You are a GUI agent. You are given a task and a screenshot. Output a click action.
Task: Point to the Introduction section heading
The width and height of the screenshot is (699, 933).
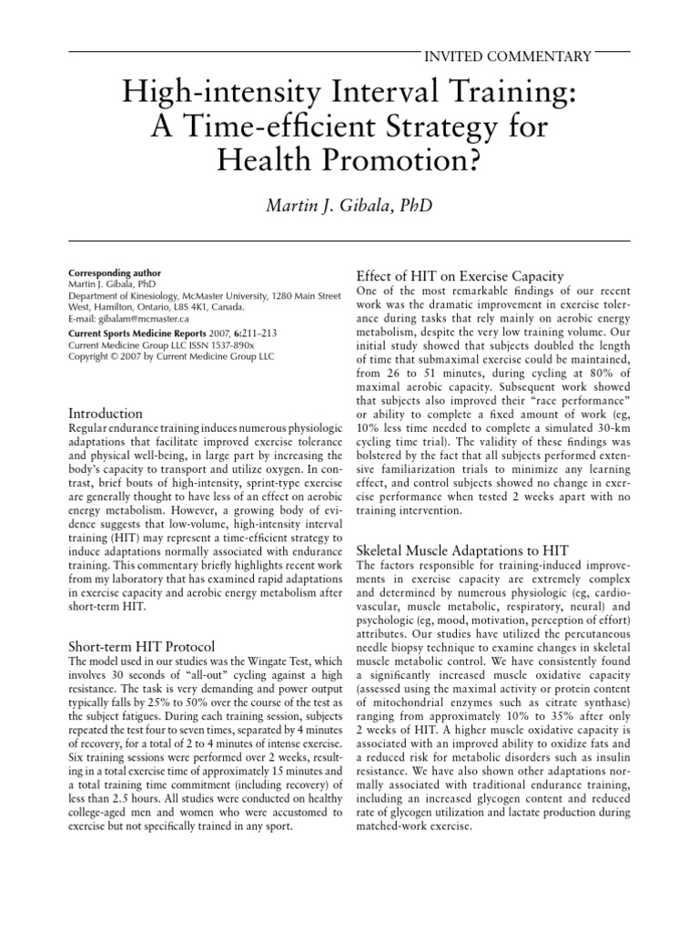click(106, 414)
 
